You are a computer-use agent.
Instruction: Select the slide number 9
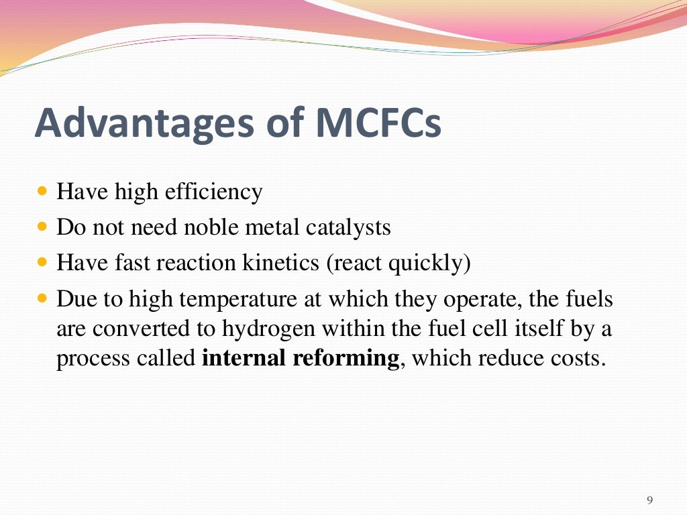pos(649,500)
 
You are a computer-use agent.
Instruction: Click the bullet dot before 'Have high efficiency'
pos(44,192)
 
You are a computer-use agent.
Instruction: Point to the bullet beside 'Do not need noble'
pos(44,227)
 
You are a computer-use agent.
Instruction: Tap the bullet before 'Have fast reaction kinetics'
pos(44,262)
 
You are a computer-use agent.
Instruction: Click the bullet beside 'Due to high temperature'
pos(44,298)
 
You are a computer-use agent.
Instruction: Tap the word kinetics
pos(285,262)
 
